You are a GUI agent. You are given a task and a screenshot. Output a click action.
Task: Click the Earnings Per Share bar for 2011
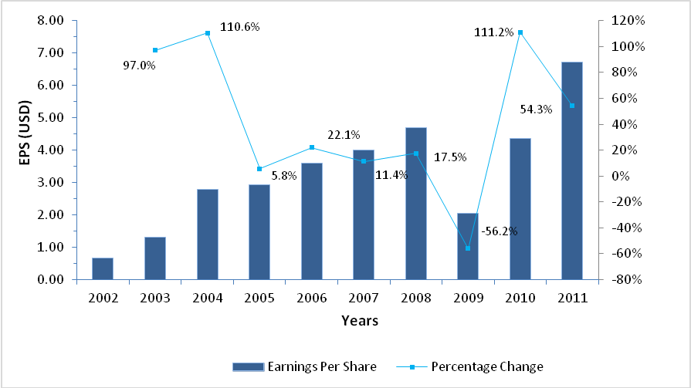(x=572, y=170)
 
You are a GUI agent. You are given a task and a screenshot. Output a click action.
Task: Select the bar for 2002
(x=103, y=268)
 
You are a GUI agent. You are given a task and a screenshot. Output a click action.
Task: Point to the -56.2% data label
(x=500, y=231)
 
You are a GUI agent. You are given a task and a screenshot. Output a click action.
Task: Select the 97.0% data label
(x=140, y=66)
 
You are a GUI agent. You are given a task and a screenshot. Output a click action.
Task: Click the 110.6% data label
(x=240, y=27)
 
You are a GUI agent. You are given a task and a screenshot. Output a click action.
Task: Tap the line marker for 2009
(x=468, y=248)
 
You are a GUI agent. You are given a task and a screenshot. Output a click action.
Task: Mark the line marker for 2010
(x=520, y=32)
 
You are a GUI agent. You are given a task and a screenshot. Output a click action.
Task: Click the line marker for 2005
(x=259, y=169)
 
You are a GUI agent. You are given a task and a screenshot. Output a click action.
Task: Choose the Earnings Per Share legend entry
(x=304, y=366)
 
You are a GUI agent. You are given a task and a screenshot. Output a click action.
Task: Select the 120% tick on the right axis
(x=619, y=21)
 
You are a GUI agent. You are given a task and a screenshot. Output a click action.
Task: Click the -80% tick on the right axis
(x=619, y=279)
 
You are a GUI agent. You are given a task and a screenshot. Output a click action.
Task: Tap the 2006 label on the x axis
(x=311, y=298)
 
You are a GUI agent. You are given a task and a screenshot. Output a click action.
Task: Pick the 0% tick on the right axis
(x=614, y=176)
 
